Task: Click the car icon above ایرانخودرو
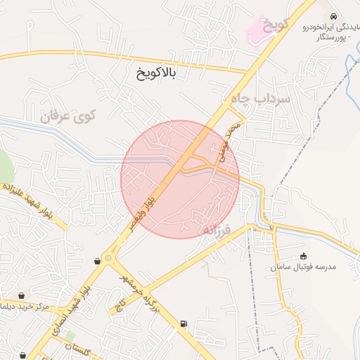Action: coord(332,16)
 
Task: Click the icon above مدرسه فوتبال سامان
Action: coord(304,256)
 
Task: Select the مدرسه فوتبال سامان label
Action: coord(306,268)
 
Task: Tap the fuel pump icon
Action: coord(184,323)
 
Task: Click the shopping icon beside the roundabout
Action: coord(97,262)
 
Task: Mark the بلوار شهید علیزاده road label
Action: coord(31,201)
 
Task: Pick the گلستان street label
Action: coord(79,348)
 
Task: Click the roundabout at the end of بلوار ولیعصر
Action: coord(108,258)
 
